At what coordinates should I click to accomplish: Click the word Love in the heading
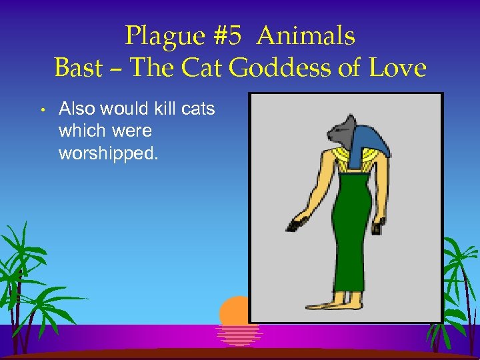click(398, 68)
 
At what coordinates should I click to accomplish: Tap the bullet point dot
click(41, 109)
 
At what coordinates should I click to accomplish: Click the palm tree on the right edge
click(460, 280)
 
